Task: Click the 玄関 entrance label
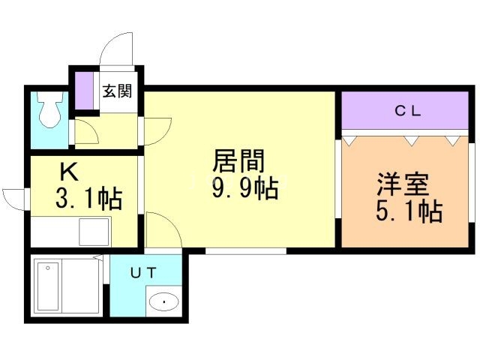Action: (117, 91)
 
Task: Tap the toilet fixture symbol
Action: (50, 109)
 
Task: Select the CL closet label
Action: (408, 111)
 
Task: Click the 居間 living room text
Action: (238, 160)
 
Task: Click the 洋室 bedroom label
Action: (403, 184)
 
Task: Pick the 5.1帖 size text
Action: (409, 211)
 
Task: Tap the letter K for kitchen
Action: (69, 172)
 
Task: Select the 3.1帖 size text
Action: (89, 199)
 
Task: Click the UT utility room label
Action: (143, 272)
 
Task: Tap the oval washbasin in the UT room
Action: (163, 302)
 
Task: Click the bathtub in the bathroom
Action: (48, 286)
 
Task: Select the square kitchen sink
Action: (94, 232)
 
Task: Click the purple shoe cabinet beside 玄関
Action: (85, 91)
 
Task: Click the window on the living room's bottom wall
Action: (246, 251)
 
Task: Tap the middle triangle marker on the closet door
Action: (411, 141)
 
